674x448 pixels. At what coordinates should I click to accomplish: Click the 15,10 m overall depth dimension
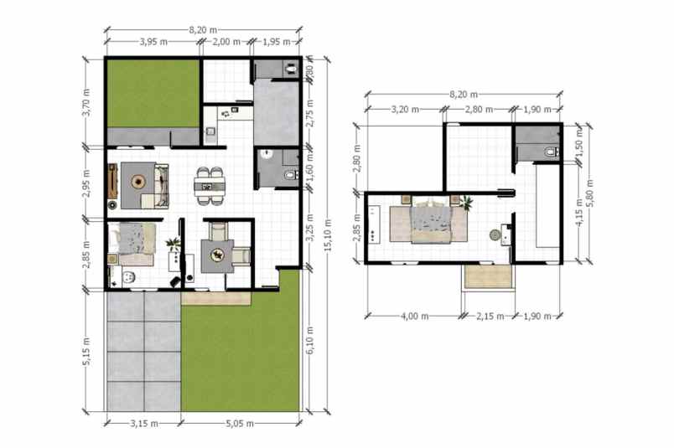pyautogui.click(x=329, y=234)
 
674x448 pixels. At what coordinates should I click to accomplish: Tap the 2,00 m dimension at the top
pyautogui.click(x=226, y=41)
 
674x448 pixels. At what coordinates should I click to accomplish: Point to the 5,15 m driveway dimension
pyautogui.click(x=86, y=352)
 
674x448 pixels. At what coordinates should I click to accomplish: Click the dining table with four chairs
pyautogui.click(x=210, y=185)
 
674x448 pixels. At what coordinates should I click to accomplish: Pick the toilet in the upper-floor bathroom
pyautogui.click(x=549, y=151)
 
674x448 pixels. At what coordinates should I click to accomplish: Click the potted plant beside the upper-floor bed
pyautogui.click(x=466, y=202)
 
